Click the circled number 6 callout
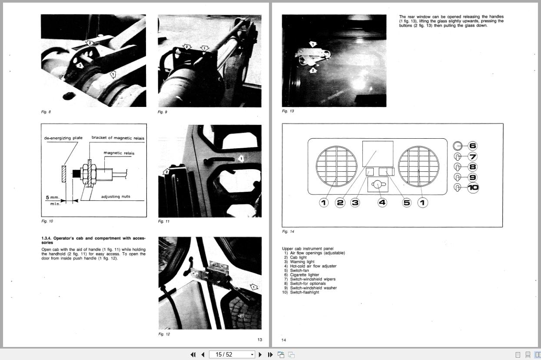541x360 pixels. click(x=472, y=146)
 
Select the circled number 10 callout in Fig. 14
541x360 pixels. click(x=473, y=188)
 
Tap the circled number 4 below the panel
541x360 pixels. click(x=382, y=203)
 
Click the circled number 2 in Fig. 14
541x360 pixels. click(x=340, y=203)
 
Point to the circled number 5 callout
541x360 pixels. click(x=407, y=203)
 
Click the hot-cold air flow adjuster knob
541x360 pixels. click(x=378, y=185)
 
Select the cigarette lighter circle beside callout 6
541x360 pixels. click(x=458, y=146)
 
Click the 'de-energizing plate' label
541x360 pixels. click(x=63, y=138)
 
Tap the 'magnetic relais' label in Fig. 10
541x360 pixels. click(x=119, y=153)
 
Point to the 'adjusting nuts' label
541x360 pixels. click(x=116, y=197)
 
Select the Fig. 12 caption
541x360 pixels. click(x=164, y=334)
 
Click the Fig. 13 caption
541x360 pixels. click(x=288, y=111)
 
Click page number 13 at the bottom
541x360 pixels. click(x=259, y=340)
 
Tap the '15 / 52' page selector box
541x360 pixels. click(x=232, y=355)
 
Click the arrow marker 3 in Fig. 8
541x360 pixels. click(x=80, y=66)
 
